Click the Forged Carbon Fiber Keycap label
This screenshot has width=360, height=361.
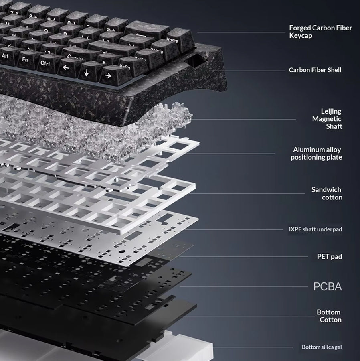(x=320, y=32)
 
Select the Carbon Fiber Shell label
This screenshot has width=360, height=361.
(x=315, y=70)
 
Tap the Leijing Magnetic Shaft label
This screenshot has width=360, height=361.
(x=327, y=119)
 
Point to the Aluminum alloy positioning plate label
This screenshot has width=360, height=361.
(x=316, y=153)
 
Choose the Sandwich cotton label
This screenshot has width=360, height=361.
(x=327, y=193)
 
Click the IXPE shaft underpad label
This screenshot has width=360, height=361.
(x=316, y=229)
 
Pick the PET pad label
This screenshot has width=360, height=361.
(x=330, y=256)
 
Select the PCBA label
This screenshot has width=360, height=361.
(x=328, y=286)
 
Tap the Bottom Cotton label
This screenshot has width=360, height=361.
(x=329, y=316)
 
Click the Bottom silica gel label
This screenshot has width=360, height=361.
(x=322, y=347)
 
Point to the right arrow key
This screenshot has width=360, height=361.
(x=110, y=75)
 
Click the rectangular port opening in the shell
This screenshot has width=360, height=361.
(x=196, y=60)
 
